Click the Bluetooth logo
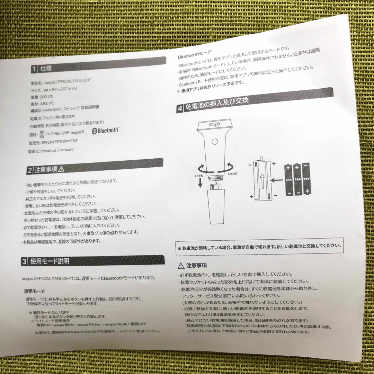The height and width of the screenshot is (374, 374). pyautogui.click(x=105, y=131)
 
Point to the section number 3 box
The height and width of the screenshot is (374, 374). pyautogui.click(x=24, y=262)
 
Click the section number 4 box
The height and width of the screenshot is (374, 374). pyautogui.click(x=180, y=108)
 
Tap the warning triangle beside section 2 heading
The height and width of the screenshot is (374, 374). pyautogui.click(x=61, y=169)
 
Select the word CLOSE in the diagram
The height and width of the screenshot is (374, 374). pyautogui.click(x=232, y=173)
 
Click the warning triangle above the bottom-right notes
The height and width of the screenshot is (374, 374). pyautogui.click(x=181, y=266)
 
